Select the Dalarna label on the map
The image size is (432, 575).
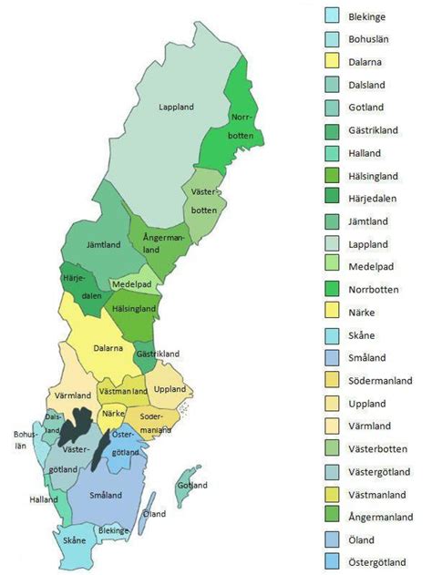point(110,347)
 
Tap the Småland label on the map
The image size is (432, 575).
point(108,496)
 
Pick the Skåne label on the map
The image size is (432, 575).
point(76,539)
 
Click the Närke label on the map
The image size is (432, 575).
point(113,413)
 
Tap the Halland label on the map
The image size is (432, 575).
point(44,499)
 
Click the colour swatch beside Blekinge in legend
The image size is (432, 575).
point(334,15)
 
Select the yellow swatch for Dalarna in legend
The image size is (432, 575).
point(334,62)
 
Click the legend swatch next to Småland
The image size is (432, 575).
point(334,358)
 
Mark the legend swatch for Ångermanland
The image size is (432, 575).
point(334,517)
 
